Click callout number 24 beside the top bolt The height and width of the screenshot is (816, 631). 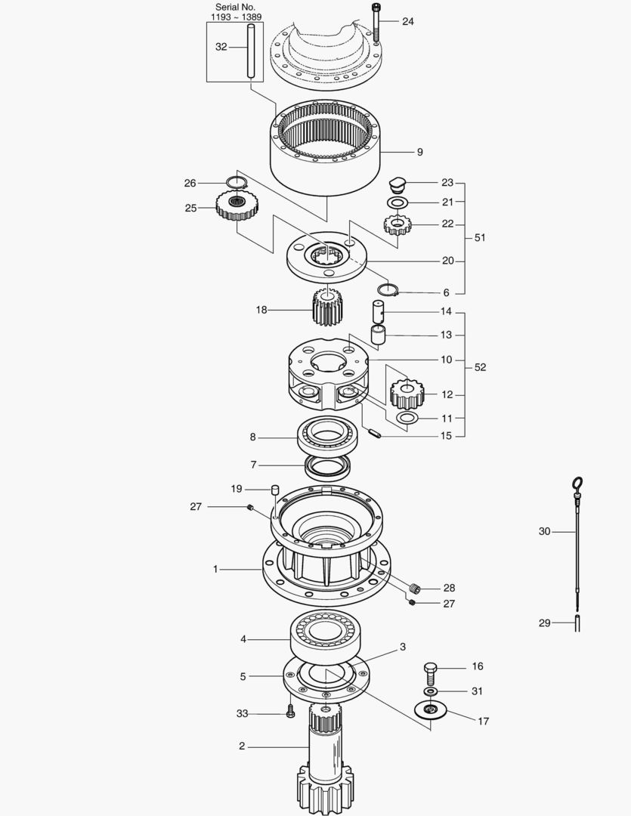(x=407, y=21)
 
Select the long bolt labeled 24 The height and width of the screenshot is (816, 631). (x=376, y=23)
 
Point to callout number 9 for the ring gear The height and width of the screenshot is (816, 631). (x=419, y=152)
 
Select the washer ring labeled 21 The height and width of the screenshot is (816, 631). (x=397, y=202)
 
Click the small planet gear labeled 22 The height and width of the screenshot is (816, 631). (x=397, y=224)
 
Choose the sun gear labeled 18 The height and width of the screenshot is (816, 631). (x=328, y=308)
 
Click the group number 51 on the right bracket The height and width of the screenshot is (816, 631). (x=480, y=237)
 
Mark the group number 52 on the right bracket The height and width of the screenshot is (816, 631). (x=480, y=367)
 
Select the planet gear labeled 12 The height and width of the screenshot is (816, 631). (x=406, y=393)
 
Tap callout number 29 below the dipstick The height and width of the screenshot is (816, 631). (x=544, y=623)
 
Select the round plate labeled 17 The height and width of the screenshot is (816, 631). (x=431, y=711)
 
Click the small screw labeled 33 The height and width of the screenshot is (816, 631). (x=291, y=712)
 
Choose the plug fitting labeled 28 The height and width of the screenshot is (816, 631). (x=413, y=588)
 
